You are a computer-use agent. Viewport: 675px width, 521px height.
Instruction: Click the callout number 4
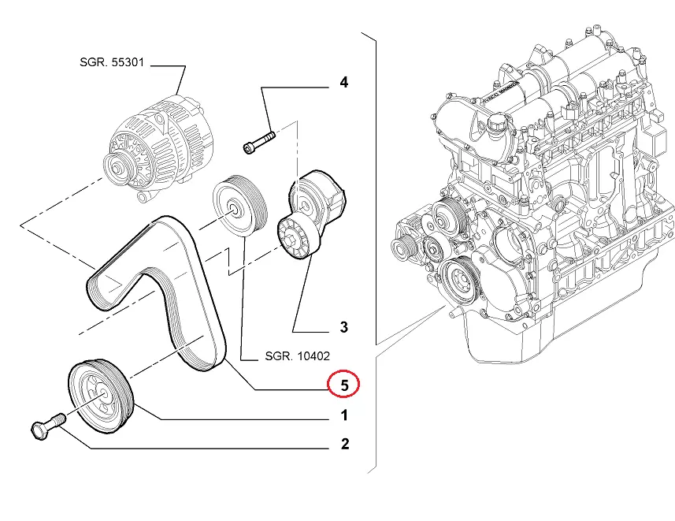pos(343,82)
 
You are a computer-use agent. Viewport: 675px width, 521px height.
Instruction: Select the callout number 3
pos(343,327)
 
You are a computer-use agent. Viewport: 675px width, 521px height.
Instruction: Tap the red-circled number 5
pos(343,385)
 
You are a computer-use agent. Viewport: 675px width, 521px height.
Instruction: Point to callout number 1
pos(343,415)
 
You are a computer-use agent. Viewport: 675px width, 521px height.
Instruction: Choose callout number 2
pos(344,445)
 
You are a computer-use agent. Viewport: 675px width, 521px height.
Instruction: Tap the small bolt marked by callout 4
pos(259,142)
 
